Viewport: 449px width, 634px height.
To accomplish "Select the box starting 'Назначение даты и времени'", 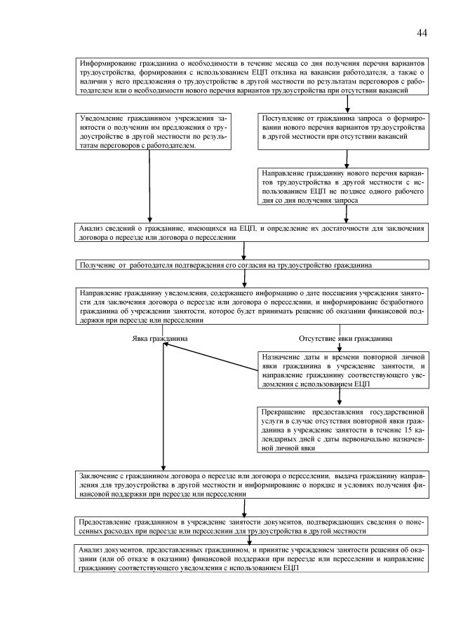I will click(341, 370).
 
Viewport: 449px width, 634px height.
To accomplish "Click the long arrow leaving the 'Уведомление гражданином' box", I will click(149, 189).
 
